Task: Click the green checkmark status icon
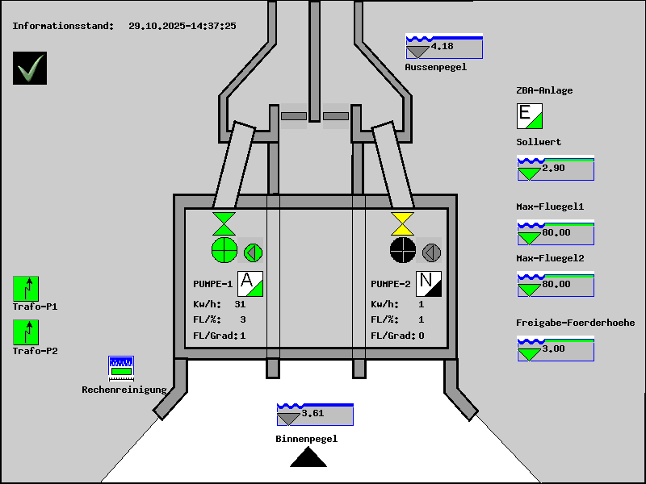[30, 69]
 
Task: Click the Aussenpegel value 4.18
[443, 47]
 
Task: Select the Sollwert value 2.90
[554, 169]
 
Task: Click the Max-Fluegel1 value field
[556, 233]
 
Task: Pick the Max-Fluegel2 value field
[556, 285]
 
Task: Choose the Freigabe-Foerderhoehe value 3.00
[554, 349]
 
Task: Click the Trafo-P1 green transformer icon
[26, 289]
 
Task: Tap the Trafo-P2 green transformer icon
[26, 332]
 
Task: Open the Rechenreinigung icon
[121, 368]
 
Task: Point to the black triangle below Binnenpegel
[308, 458]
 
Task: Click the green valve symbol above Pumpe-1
[224, 223]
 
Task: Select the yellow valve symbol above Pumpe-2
[402, 223]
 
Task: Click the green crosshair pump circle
[224, 251]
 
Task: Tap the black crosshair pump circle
[402, 251]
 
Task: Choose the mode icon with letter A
[250, 284]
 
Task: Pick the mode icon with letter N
[429, 284]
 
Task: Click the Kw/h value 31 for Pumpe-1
[240, 305]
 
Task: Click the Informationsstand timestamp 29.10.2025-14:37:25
[182, 26]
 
